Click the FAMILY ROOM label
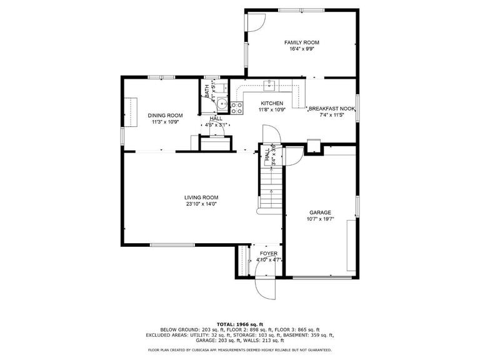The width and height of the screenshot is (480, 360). pyautogui.click(x=301, y=42)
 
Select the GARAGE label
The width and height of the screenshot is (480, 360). pyautogui.click(x=319, y=212)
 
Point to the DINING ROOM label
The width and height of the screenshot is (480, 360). pyautogui.click(x=165, y=115)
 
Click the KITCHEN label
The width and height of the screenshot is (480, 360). pyautogui.click(x=272, y=103)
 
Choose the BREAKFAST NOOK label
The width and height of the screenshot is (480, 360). pyautogui.click(x=332, y=108)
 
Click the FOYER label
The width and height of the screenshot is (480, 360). pyautogui.click(x=269, y=253)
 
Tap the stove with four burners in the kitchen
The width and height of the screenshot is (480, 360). pyautogui.click(x=237, y=108)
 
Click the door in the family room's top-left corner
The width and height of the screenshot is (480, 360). pyautogui.click(x=254, y=22)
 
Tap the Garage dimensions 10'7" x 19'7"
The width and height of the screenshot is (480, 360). pyautogui.click(x=321, y=219)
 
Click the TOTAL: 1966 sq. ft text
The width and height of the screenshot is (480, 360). pyautogui.click(x=240, y=323)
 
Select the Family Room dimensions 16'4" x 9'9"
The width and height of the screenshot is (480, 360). pyautogui.click(x=301, y=49)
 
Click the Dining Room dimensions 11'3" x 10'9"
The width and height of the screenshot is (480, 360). pyautogui.click(x=165, y=122)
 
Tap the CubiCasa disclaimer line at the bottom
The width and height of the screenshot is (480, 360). pyautogui.click(x=240, y=350)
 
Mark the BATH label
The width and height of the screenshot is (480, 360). pyautogui.click(x=207, y=90)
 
